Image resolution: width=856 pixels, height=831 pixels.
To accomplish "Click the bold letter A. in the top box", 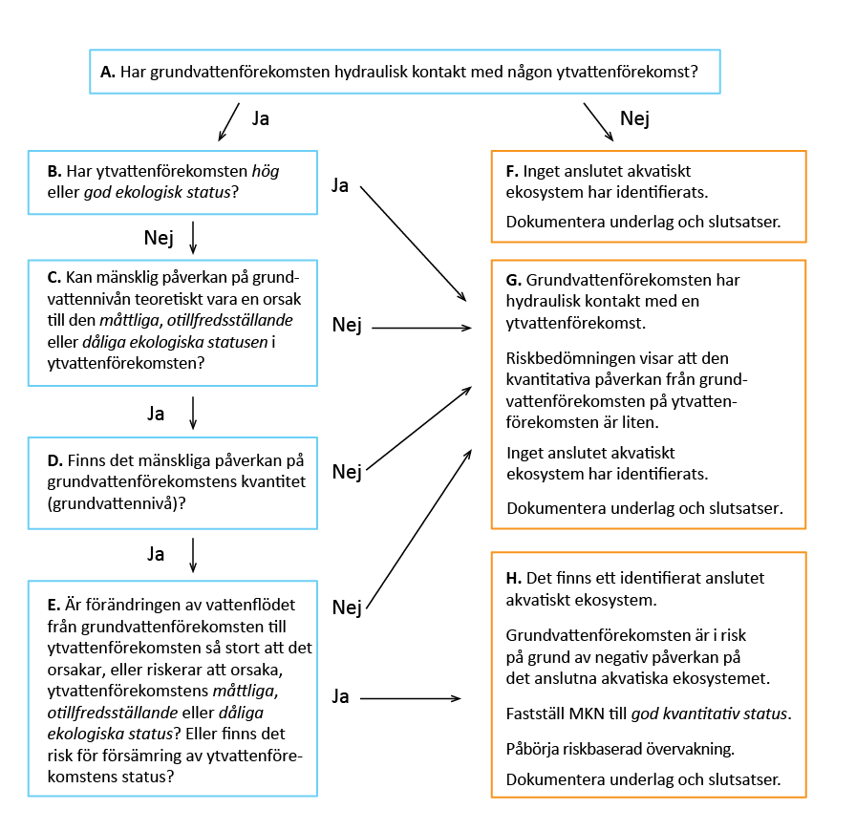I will point(108,72).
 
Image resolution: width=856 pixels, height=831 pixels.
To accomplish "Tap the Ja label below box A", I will point(260,118).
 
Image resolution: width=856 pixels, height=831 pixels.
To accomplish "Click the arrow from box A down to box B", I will point(228,120).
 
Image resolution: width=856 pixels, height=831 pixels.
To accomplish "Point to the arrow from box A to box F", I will point(598,122).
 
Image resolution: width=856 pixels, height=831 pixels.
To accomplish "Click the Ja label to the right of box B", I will point(340,184).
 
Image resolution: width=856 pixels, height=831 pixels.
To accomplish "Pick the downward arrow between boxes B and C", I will point(193,238).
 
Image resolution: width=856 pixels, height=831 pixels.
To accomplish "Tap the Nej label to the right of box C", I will point(347,326).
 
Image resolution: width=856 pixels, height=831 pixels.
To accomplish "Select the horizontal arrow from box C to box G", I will point(421,328).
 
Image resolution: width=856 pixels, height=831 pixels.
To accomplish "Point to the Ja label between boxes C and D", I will point(156,414).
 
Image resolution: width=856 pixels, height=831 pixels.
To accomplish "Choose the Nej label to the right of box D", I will point(347,471).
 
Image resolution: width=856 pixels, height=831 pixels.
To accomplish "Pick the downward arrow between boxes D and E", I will point(193,555).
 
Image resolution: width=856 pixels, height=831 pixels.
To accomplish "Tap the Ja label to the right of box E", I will point(340,696).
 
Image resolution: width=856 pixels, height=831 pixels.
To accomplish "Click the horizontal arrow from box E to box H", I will point(417,698).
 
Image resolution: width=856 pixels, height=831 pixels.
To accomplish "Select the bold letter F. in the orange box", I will point(513,172).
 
